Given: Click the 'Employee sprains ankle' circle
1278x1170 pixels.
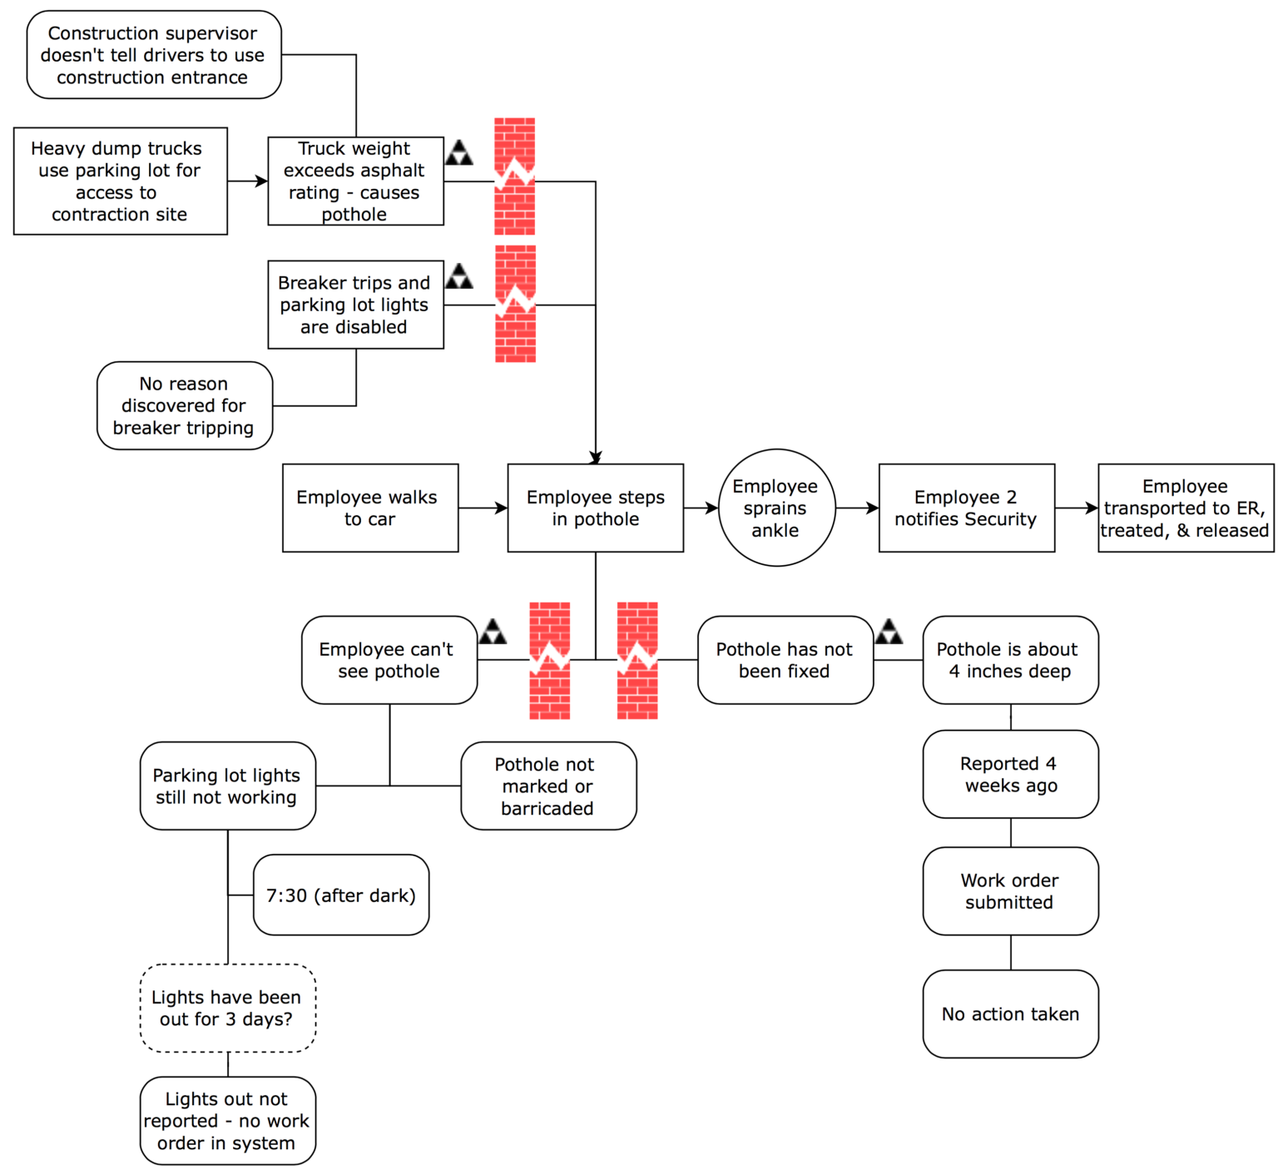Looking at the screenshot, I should pos(775,508).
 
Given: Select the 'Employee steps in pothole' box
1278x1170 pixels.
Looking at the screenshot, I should pos(595,508).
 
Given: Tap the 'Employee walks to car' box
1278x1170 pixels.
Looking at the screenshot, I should pos(369,508).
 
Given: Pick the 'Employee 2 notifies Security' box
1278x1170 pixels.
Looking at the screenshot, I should pos(966,508).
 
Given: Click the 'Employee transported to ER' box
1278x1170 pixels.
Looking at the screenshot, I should pos(1185,508).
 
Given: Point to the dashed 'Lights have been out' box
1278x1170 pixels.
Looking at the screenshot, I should pos(227,1008).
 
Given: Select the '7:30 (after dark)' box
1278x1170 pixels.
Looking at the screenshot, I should pos(340,895).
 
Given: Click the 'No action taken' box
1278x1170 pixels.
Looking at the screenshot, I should pos(1010,1014).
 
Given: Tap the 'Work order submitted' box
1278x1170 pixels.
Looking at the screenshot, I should pos(1010,890).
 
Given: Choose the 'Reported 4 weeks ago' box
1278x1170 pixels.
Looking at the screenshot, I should pos(1010,774).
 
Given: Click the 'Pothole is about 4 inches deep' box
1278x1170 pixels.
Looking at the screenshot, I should pos(1010,660).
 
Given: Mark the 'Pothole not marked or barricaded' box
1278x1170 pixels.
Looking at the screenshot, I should pos(547,786).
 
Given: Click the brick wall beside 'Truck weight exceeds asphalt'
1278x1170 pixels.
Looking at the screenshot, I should pos(514,176).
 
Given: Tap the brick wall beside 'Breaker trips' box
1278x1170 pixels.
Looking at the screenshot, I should pos(515,304).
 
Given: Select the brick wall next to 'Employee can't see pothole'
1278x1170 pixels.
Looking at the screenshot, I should pos(550,661).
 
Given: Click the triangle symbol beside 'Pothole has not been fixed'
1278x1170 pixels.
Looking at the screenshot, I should pos(889,632).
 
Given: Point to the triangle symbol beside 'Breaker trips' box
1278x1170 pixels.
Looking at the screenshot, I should pos(458,276).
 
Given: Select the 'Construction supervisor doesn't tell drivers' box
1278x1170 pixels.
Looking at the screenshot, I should pos(153,55).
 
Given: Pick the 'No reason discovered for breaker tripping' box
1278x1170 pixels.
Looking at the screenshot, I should pos(184,405).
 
